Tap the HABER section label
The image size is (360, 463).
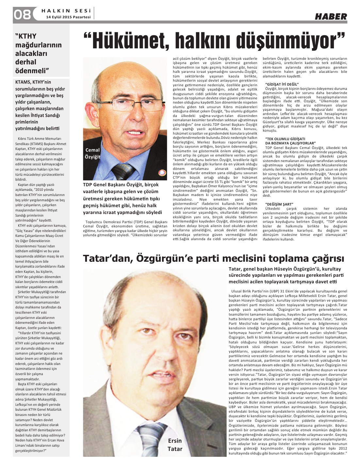click(331, 16)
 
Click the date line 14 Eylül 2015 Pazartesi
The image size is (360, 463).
click(68, 17)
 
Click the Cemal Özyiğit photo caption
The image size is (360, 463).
click(92, 153)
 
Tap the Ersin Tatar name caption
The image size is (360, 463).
click(175, 444)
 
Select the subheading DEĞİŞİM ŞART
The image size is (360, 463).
click(279, 204)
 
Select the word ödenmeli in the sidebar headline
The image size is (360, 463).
click(32, 70)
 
